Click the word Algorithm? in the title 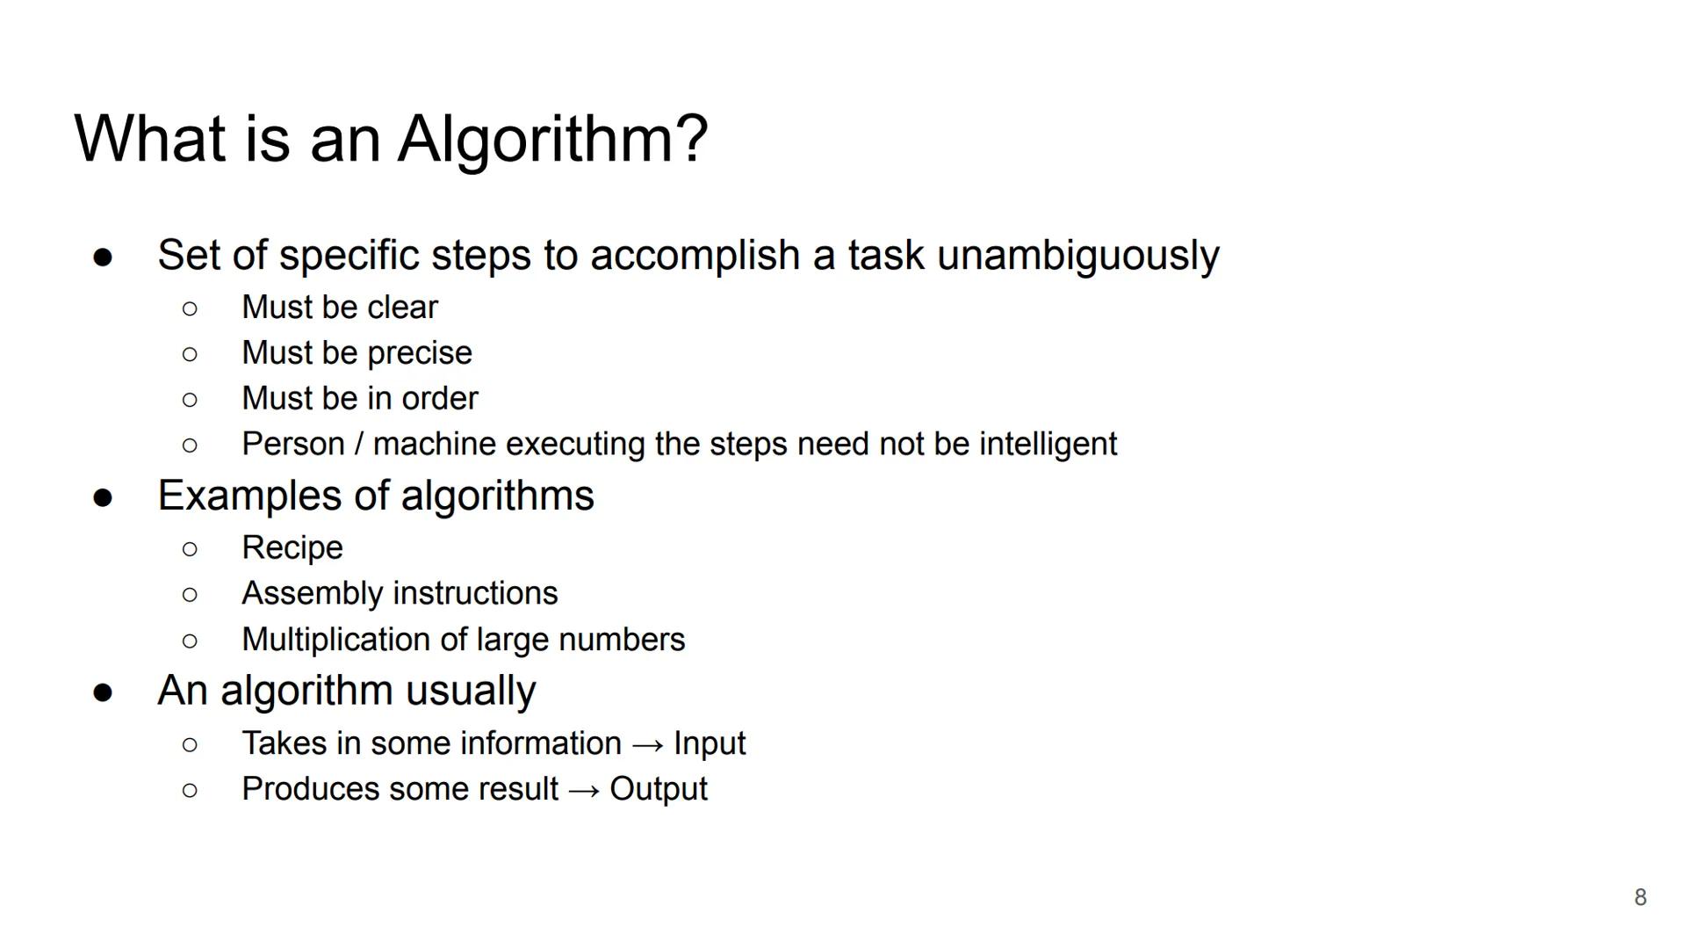(x=552, y=140)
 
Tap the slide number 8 (x=1640, y=897)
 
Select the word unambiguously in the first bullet (x=1078, y=256)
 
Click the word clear (x=402, y=307)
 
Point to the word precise (x=420, y=353)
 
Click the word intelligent (x=1048, y=445)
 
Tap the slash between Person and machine (x=358, y=444)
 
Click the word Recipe (x=292, y=548)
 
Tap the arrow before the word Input (x=647, y=745)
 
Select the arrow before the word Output (x=584, y=791)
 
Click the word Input (x=710, y=744)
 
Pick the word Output (x=659, y=789)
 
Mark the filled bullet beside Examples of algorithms (x=103, y=498)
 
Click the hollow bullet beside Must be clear (x=190, y=308)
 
